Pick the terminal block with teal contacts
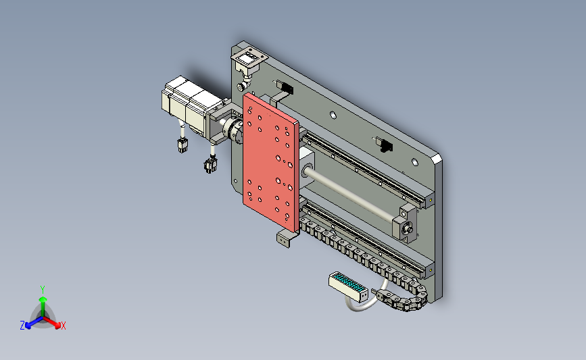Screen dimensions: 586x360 coord(348,286)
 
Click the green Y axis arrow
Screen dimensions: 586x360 coord(43,306)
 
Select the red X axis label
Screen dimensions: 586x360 coord(63,326)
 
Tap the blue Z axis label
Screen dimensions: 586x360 coord(22,326)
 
